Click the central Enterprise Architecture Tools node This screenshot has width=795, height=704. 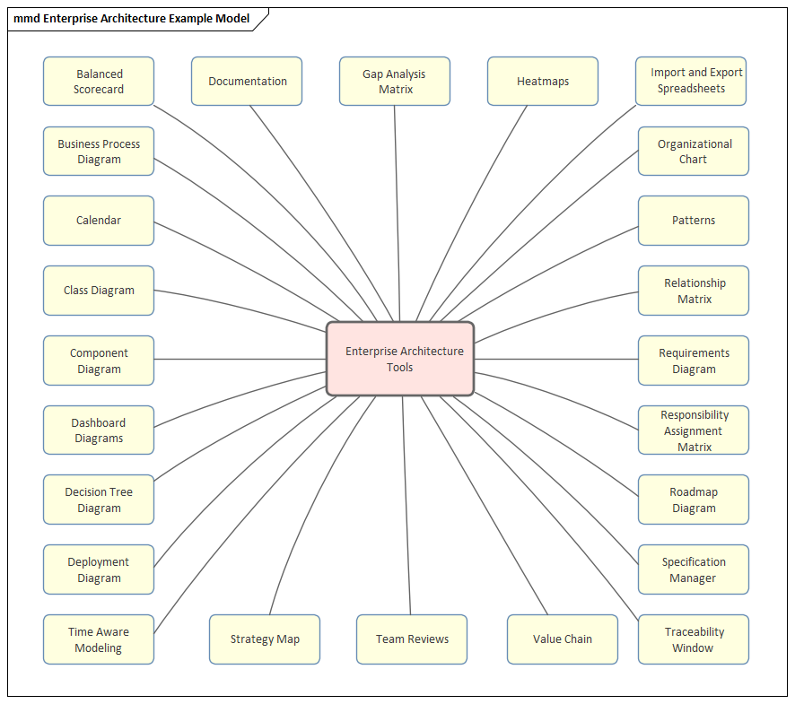point(400,359)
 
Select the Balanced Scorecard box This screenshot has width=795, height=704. point(99,82)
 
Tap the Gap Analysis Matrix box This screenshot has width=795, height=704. point(395,82)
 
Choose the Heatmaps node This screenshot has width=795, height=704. point(543,82)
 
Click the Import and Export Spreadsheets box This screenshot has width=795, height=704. point(691,82)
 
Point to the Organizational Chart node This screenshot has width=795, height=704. point(694,152)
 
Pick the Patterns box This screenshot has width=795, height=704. point(694,221)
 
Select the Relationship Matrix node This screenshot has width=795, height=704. point(694,291)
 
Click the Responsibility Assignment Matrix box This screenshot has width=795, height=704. point(694,430)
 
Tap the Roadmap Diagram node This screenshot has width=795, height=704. point(694,500)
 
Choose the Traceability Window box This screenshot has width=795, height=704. point(694,639)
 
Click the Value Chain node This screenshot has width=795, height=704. point(563,639)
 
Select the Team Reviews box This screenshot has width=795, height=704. point(412,639)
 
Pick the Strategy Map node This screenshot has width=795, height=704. point(265,639)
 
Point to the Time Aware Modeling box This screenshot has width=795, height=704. point(99,639)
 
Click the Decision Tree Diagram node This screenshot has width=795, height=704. point(99,500)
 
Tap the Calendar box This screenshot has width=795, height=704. point(99,221)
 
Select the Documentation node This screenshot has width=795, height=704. point(247,82)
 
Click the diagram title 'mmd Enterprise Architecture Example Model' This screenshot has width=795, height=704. point(132,18)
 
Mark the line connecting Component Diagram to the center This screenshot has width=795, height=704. point(240,360)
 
